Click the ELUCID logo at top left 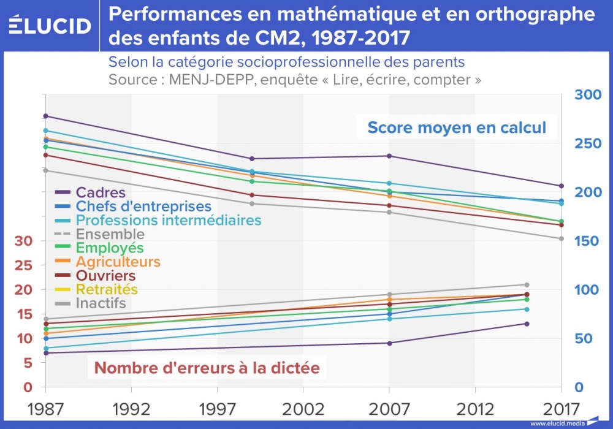coord(51,25)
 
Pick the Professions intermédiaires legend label coord(168,221)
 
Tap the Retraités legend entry coord(107,289)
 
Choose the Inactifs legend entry coord(101,303)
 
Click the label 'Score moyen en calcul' coord(456,128)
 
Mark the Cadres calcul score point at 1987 coord(46,116)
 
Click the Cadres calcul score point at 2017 coord(561,186)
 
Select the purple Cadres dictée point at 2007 coord(389,343)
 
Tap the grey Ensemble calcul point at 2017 coord(561,238)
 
